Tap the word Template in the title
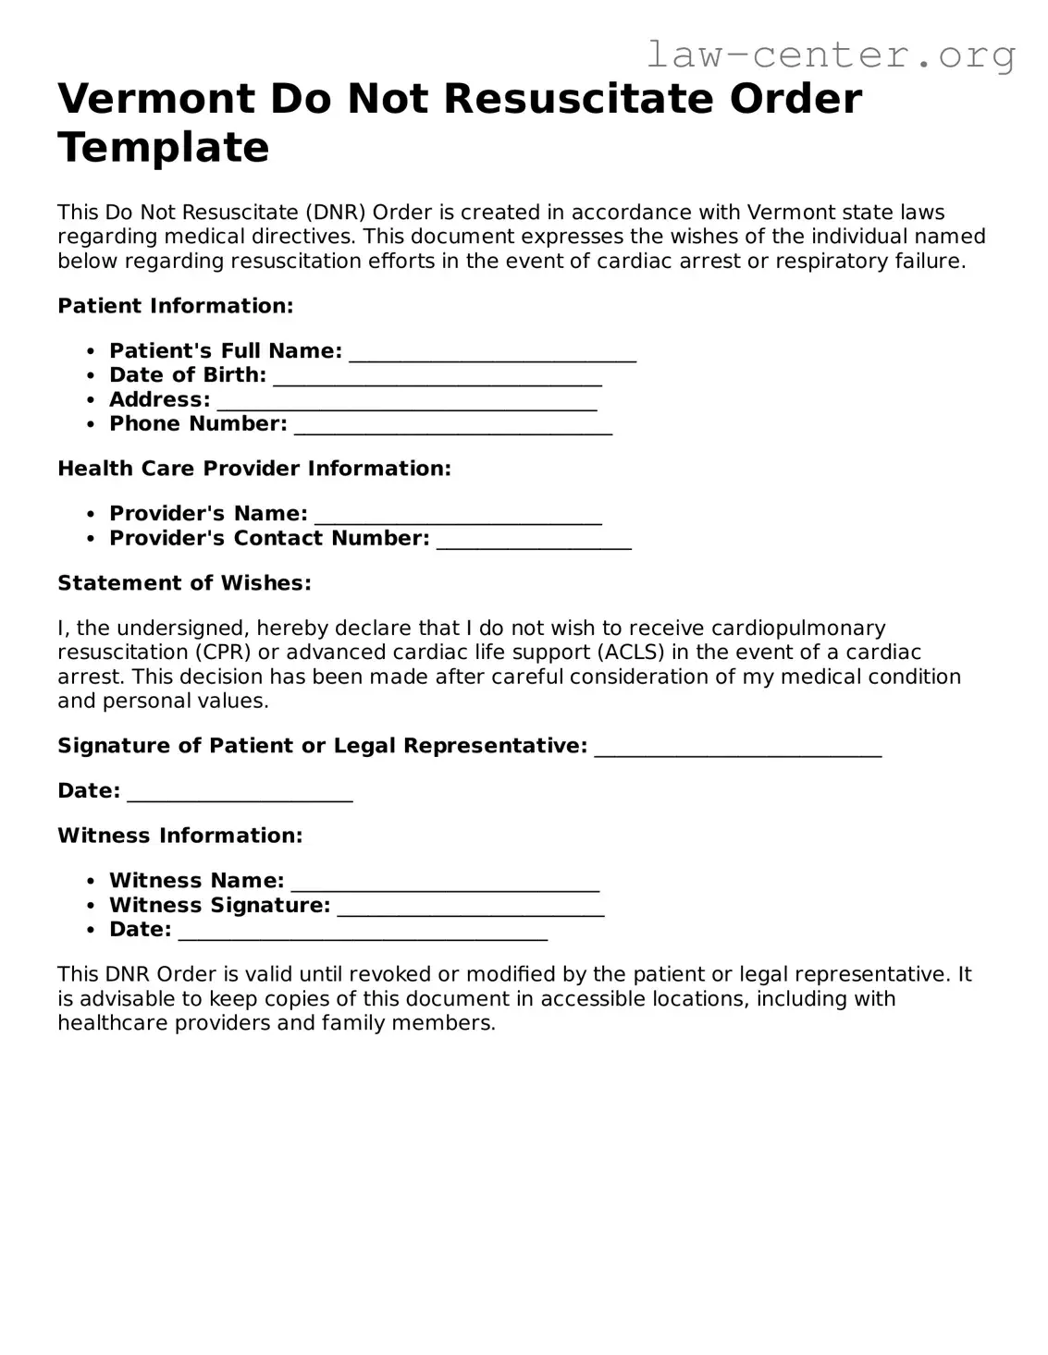pos(164,147)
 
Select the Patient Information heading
pos(176,306)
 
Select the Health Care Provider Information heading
pos(254,469)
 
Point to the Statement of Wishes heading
pos(184,583)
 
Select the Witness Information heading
pos(180,836)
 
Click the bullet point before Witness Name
pos(90,882)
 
